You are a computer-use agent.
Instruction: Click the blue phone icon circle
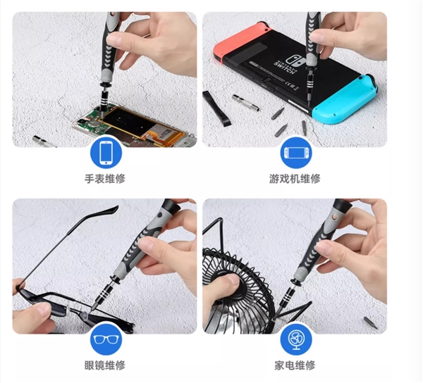coord(106,153)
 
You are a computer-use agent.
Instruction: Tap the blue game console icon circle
coord(296,153)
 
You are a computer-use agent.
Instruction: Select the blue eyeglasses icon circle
coord(106,339)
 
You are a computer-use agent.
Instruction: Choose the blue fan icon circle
coord(296,339)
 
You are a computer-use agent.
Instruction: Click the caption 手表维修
coord(105,179)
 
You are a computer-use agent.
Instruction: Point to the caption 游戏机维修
coord(295,179)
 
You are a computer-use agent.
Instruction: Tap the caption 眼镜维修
coord(105,365)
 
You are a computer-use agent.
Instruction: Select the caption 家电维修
coord(295,365)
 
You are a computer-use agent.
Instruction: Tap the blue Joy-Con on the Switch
coord(345,99)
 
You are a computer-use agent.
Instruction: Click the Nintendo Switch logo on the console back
coord(292,65)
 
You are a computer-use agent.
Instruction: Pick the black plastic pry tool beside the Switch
coord(216,108)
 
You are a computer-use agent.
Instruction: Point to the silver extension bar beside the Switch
coord(246,103)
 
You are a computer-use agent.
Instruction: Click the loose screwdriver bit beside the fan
coord(370,323)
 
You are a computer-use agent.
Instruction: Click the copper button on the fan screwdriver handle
coord(336,217)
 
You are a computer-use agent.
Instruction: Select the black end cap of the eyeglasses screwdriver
coord(171,206)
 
